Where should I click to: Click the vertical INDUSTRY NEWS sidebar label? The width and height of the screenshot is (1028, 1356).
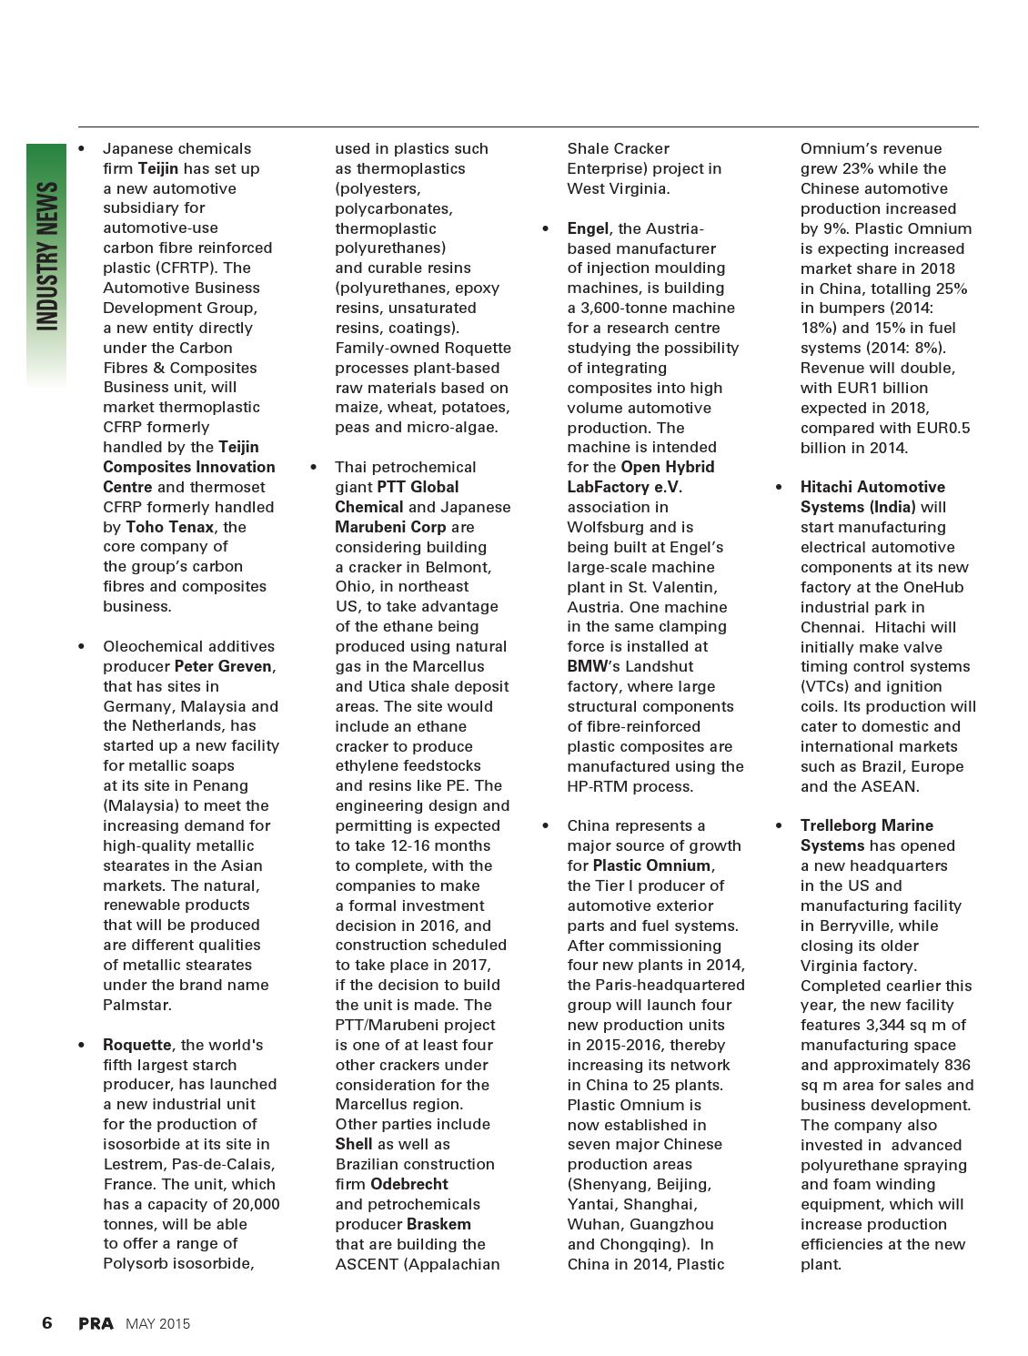point(46,257)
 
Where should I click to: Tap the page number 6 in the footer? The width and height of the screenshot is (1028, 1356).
point(47,1323)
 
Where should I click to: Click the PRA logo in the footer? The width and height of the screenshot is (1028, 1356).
point(96,1324)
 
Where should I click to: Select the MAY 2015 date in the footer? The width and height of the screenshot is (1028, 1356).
point(157,1324)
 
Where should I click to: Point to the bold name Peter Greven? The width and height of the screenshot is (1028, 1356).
point(223,666)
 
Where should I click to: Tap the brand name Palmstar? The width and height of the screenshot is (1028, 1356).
point(137,1005)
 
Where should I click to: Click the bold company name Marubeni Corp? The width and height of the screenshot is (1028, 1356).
point(390,527)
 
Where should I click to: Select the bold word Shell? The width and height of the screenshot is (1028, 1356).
point(354,1144)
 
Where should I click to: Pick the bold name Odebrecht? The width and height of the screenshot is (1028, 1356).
point(408,1184)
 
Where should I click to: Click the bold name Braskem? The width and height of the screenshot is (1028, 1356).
point(438,1224)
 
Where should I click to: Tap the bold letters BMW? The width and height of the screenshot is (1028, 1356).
point(587,666)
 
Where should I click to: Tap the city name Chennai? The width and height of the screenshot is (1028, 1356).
point(830,627)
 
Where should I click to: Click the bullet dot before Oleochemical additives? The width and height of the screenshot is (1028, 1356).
point(82,646)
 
